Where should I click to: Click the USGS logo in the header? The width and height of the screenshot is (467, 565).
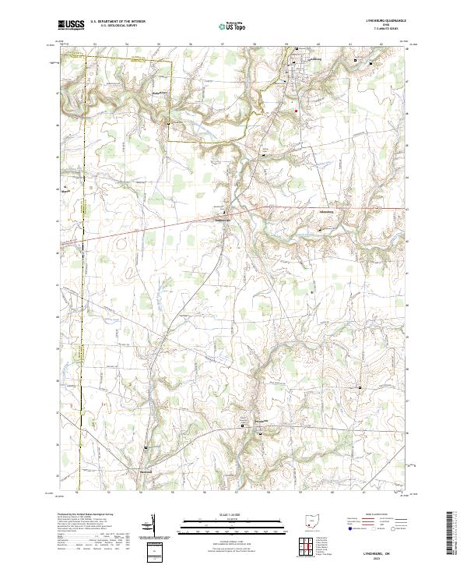[69, 25]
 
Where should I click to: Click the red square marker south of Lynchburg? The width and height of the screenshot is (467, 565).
[296, 110]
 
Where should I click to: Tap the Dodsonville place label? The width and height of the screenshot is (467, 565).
[223, 218]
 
